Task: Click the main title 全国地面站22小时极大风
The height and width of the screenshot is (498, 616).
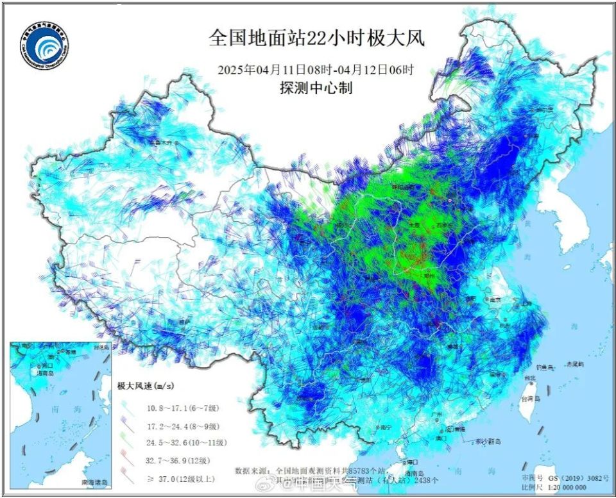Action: pyautogui.click(x=316, y=38)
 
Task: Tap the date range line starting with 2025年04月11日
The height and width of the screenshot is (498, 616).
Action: pyautogui.click(x=316, y=70)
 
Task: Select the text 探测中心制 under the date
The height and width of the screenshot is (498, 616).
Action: pyautogui.click(x=316, y=89)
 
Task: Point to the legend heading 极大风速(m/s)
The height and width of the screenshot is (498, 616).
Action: pyautogui.click(x=146, y=386)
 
